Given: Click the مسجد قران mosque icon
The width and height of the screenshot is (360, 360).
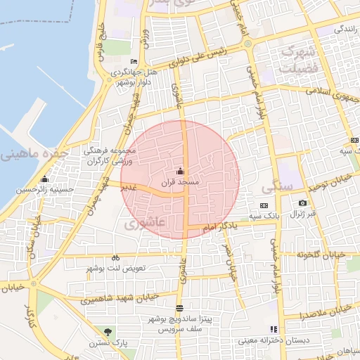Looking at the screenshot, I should coord(180,171).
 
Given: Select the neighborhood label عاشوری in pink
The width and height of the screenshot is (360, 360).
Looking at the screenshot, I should coord(144,224).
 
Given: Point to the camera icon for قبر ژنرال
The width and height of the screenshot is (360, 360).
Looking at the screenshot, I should coord(303,202).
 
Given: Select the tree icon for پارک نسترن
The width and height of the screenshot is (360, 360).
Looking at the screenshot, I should coord(107,331).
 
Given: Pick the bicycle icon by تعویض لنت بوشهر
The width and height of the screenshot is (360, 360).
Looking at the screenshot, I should coord(115,258).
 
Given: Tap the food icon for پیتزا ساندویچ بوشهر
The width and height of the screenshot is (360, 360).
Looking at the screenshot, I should coord(179,308).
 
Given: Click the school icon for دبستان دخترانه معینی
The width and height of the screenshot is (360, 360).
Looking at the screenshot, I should coord(274,328).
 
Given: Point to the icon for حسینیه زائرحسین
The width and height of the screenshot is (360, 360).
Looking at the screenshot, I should coord(45,179).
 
